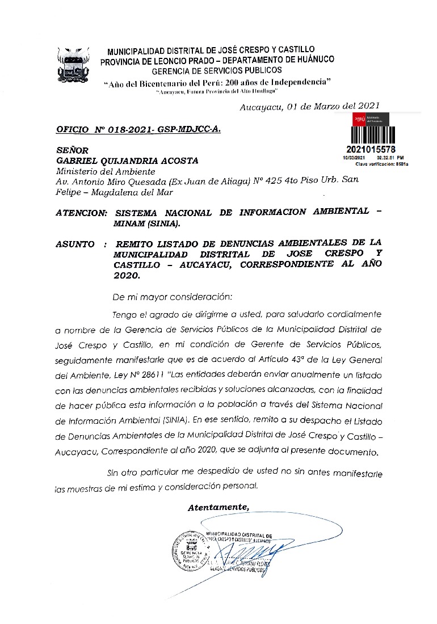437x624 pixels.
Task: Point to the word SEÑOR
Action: (72, 150)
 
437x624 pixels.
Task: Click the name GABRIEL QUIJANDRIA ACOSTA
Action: (127, 161)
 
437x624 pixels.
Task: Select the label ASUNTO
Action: (75, 244)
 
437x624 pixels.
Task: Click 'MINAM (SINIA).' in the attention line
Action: (146, 223)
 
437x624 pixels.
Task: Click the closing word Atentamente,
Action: (218, 508)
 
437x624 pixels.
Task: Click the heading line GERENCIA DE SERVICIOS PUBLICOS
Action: (216, 70)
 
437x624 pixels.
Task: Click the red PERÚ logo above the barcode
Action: (359, 120)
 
